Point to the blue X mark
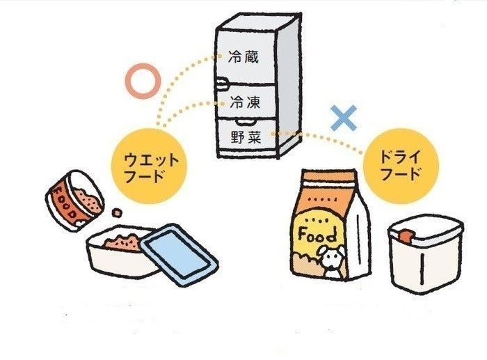click(344, 118)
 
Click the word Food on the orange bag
click(318, 233)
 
